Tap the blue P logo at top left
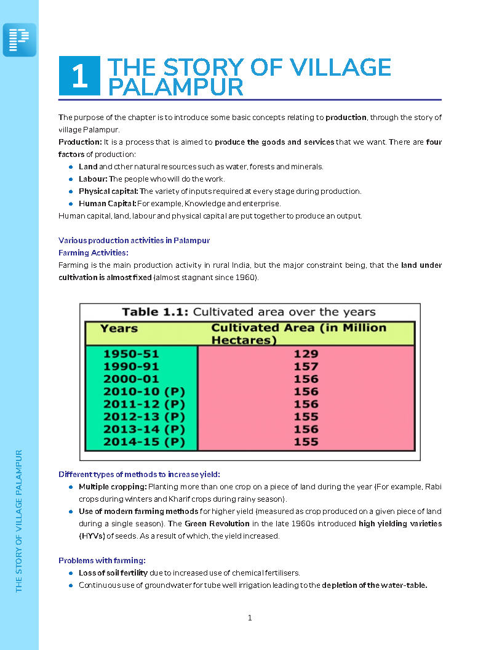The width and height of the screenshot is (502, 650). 20,40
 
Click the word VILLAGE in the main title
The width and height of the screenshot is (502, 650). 338,67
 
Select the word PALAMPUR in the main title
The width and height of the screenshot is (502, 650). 175,87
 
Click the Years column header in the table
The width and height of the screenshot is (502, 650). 119,328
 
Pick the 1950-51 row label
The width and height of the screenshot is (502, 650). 131,353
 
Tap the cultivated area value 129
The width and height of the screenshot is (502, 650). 306,353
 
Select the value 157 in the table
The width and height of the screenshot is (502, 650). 306,366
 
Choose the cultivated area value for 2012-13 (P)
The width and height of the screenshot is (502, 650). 306,417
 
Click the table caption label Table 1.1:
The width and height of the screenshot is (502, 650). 156,311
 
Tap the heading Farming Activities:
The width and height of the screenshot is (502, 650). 93,252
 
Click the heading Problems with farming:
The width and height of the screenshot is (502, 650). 102,560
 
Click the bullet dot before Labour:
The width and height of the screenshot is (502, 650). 71,179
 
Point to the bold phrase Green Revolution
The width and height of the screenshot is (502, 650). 217,524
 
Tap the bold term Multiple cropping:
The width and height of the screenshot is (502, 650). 113,487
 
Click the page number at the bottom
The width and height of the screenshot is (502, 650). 250,618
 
